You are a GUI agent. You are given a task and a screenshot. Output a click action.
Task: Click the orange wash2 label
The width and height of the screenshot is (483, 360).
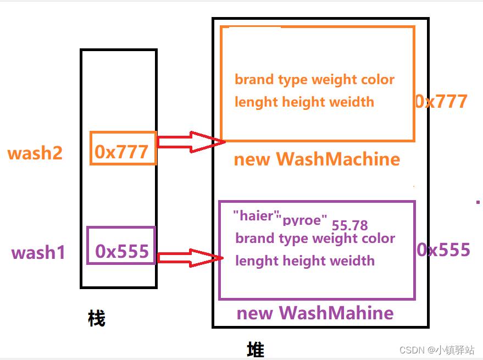point(35,153)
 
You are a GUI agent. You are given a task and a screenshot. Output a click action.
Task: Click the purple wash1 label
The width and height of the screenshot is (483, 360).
point(38,253)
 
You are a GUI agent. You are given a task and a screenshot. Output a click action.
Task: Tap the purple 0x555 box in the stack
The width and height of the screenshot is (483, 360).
point(121,246)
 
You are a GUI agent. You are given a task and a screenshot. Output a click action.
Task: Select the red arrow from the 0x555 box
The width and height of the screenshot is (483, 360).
point(190,258)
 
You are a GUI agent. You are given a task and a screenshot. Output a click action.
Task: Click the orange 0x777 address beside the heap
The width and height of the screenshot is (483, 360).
point(441,101)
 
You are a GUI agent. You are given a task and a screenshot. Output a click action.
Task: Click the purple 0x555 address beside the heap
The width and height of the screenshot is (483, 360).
point(443,250)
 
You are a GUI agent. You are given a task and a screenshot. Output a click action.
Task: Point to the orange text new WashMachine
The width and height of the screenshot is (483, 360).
point(317,159)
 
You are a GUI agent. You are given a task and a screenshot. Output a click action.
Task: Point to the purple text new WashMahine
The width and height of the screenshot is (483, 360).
point(315,313)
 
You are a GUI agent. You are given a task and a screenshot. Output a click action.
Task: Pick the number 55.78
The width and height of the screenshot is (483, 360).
point(350,225)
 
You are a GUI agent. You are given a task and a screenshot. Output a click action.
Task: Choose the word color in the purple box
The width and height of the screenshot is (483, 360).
point(378,238)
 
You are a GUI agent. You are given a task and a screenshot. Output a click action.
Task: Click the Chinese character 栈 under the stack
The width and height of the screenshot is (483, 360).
point(96,318)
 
